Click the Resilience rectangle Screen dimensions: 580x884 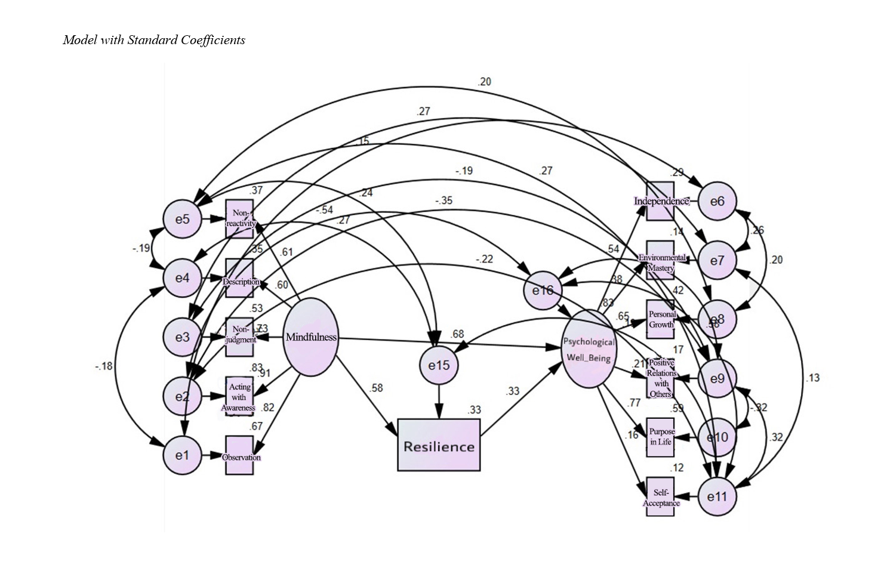pos(439,445)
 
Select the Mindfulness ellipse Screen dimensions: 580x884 pos(310,337)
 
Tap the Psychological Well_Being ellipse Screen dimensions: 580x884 pos(589,349)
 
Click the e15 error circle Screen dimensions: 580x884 pos(439,365)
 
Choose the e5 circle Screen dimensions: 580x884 pos(182,219)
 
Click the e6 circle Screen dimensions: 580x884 pos(717,201)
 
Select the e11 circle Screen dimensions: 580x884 pos(717,496)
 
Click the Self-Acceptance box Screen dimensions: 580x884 pos(660,497)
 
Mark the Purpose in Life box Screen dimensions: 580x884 pos(660,437)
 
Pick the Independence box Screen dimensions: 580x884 pos(660,201)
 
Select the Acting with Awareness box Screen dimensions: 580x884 pos(239,396)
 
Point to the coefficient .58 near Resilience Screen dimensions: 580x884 pos(376,388)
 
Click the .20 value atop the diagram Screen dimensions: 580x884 pos(484,82)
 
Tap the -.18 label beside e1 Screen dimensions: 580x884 pos(103,366)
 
